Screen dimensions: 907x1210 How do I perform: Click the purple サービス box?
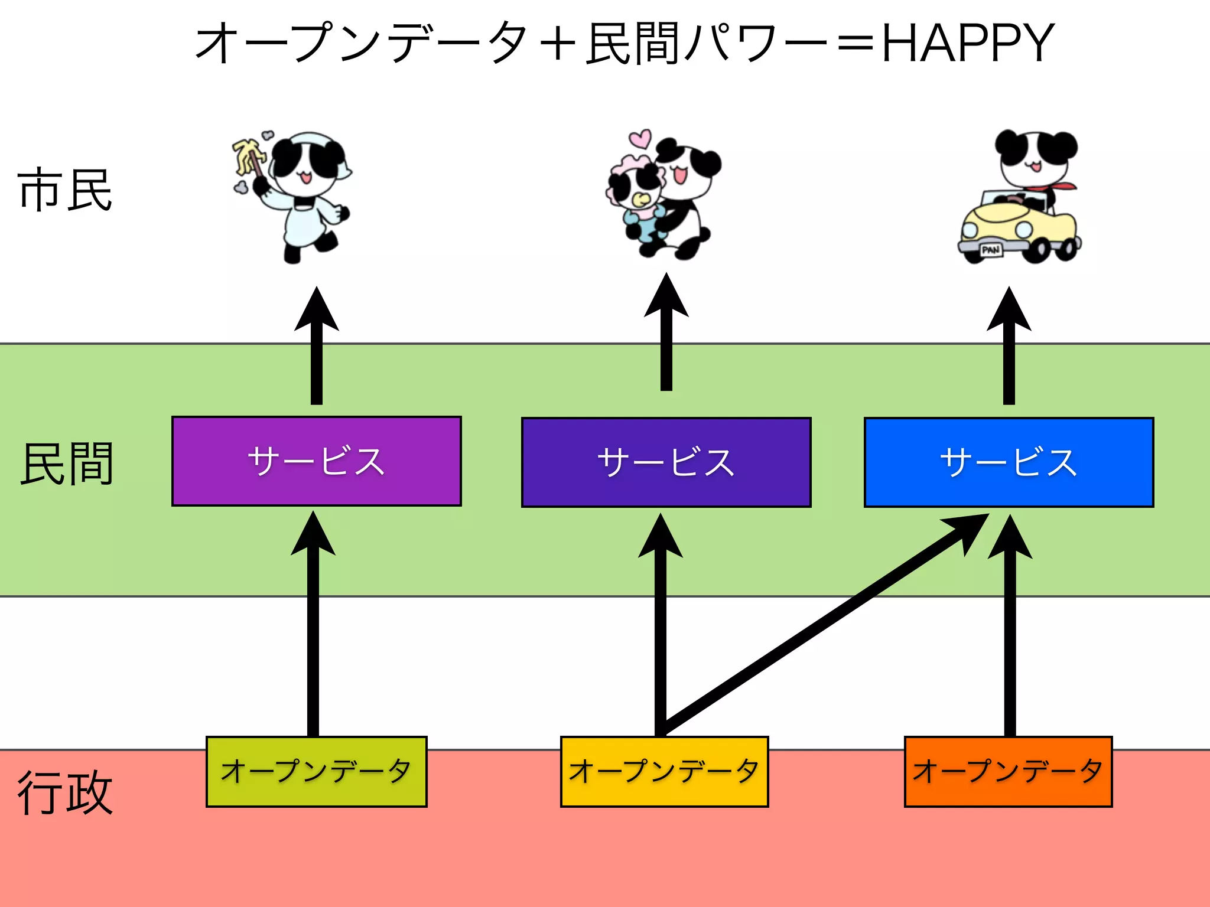(x=316, y=461)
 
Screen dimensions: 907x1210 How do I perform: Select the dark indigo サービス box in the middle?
(x=666, y=462)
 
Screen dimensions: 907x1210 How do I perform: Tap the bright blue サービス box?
(x=1009, y=462)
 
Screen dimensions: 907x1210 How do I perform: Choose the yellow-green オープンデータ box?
(x=316, y=771)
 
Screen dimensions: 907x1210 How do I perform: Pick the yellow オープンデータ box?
(x=664, y=771)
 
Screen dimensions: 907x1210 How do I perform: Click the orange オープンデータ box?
(x=1008, y=771)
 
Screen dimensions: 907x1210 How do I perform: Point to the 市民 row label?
(x=65, y=190)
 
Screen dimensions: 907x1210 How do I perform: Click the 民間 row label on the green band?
(x=67, y=464)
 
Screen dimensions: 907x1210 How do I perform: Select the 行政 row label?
(x=65, y=793)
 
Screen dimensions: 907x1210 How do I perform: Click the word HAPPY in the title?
(x=967, y=43)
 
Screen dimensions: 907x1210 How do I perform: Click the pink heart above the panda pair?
(x=640, y=138)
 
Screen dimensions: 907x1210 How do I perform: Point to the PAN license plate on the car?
(x=991, y=250)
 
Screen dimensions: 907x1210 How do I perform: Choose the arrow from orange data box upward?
(x=1010, y=626)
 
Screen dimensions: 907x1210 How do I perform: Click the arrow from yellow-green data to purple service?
(x=313, y=626)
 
